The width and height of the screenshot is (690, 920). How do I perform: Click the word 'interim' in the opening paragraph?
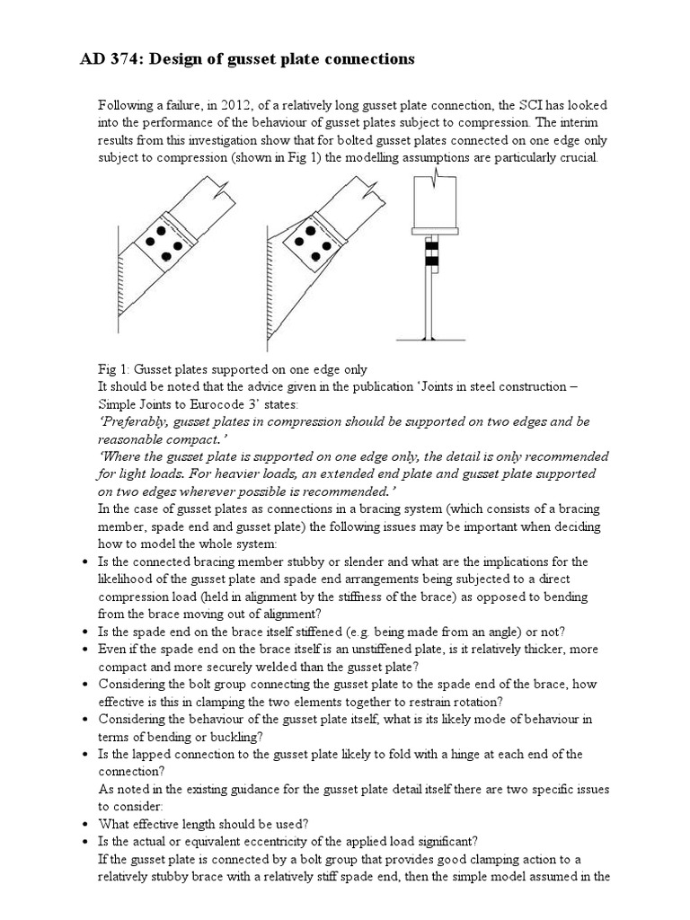[x=588, y=122]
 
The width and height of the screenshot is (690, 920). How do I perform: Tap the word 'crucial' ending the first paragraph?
[x=582, y=157]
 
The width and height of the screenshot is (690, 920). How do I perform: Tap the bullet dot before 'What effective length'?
[x=84, y=824]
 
